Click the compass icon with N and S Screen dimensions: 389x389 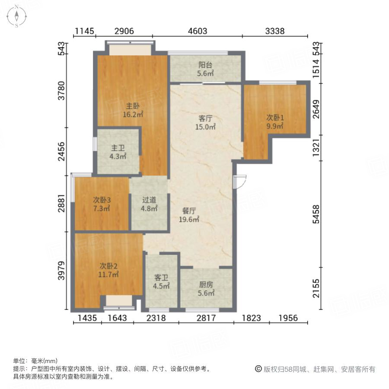(16, 16)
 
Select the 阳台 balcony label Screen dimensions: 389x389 (206, 65)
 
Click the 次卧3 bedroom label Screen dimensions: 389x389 (102, 200)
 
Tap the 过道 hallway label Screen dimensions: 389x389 (149, 200)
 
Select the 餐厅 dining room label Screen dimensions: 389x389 (189, 211)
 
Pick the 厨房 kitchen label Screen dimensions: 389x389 (206, 285)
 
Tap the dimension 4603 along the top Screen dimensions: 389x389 (198, 31)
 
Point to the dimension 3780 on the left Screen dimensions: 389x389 (63, 91)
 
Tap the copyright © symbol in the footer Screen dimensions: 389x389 (258, 369)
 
